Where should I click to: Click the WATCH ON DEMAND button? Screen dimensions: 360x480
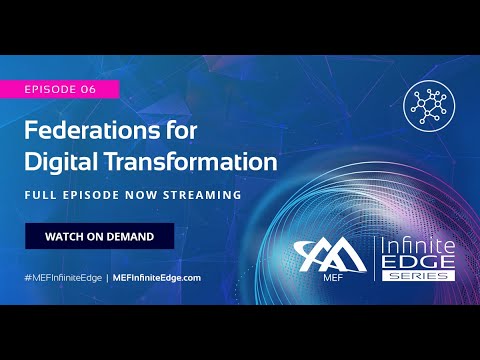click(99, 236)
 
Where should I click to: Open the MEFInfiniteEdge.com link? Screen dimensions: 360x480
click(157, 277)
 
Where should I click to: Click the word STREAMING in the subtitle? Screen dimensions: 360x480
click(204, 196)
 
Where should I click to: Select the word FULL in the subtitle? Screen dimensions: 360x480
click(41, 196)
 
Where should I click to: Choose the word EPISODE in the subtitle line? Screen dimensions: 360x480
click(94, 196)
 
